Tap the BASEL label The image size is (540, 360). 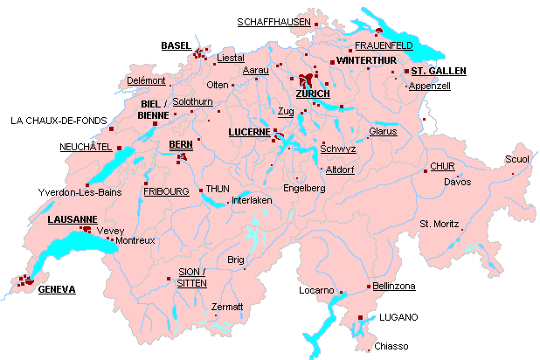click(176, 45)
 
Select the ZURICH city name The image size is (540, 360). click(313, 93)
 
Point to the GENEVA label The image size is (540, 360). click(57, 289)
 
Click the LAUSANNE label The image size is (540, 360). click(72, 218)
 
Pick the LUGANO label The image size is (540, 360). click(398, 316)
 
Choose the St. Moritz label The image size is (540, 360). click(440, 224)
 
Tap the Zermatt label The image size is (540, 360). click(227, 307)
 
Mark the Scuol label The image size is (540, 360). click(516, 159)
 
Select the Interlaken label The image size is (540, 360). click(253, 200)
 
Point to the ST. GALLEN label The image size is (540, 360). click(439, 71)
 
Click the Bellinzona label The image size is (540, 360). click(393, 286)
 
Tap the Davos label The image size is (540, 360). click(457, 182)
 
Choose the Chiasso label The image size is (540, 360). click(391, 346)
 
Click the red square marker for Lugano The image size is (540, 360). click(361, 317)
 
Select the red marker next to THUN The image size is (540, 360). click(200, 189)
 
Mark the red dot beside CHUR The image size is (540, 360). click(425, 167)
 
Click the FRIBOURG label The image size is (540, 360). click(166, 190)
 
